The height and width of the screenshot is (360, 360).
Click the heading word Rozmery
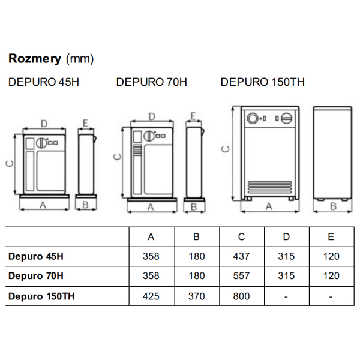35,59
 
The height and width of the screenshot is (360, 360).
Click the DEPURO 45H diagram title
44,82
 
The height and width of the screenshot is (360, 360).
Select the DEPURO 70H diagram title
152,82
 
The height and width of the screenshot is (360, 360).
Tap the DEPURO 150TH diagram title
263,82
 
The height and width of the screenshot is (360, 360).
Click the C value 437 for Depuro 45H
241,256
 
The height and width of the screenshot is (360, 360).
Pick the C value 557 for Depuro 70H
241,276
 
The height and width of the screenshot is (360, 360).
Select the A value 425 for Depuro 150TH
151,296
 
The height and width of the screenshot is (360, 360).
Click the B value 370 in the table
197,296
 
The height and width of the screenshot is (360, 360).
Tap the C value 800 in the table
241,296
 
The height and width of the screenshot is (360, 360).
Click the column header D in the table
286,237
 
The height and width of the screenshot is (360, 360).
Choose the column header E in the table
331,237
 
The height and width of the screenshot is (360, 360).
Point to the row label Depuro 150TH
41,296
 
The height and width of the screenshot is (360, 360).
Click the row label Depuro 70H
36,276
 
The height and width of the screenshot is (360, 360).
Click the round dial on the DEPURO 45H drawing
41,143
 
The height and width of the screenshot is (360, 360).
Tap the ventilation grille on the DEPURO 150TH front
269,187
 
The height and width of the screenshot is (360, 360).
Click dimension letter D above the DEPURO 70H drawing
152,116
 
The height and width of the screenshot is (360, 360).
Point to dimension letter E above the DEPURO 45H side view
85,123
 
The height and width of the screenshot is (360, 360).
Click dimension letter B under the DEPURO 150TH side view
333,206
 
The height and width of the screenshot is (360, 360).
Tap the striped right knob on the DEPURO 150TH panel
286,118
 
